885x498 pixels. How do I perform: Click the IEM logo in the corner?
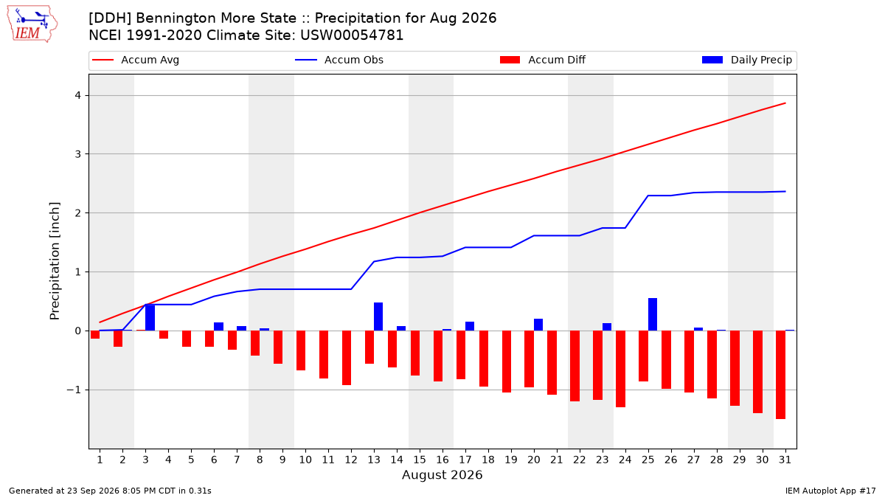[x=32, y=24]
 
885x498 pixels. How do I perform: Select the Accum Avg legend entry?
[x=136, y=60]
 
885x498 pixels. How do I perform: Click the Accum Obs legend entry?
[x=339, y=60]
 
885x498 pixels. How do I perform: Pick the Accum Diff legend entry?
[x=543, y=60]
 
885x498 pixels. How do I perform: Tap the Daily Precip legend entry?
[x=746, y=60]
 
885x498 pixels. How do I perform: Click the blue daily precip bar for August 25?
[x=652, y=314]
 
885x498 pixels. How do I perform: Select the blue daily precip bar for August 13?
[x=378, y=317]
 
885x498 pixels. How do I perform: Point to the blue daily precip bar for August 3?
[x=150, y=317]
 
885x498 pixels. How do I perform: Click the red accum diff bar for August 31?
[x=780, y=375]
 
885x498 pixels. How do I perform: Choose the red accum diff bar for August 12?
[x=347, y=358]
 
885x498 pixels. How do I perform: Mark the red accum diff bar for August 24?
[x=620, y=369]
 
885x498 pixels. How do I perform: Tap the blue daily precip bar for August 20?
[x=538, y=325]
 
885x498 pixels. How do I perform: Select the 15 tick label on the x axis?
[x=419, y=460]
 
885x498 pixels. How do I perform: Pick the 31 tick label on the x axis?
[x=785, y=460]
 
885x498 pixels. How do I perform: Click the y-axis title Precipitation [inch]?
[x=55, y=261]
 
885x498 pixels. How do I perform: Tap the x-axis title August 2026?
[x=442, y=474]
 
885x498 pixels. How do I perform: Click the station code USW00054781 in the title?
[x=352, y=35]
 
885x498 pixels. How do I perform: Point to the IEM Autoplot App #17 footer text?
[x=830, y=491]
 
